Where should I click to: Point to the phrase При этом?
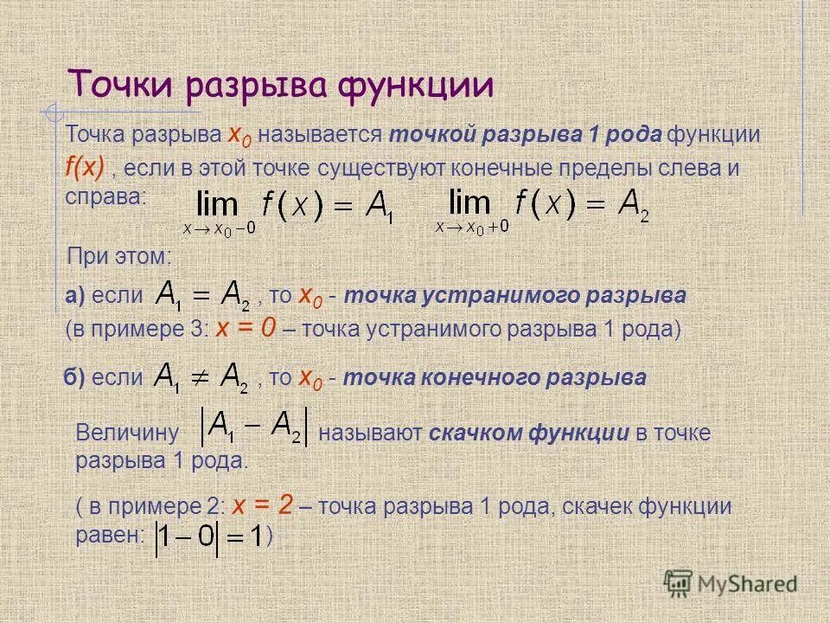tap(120, 256)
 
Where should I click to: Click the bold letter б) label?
tap(75, 378)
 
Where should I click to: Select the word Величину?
tap(127, 433)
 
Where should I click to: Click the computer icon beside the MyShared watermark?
tap(680, 583)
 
